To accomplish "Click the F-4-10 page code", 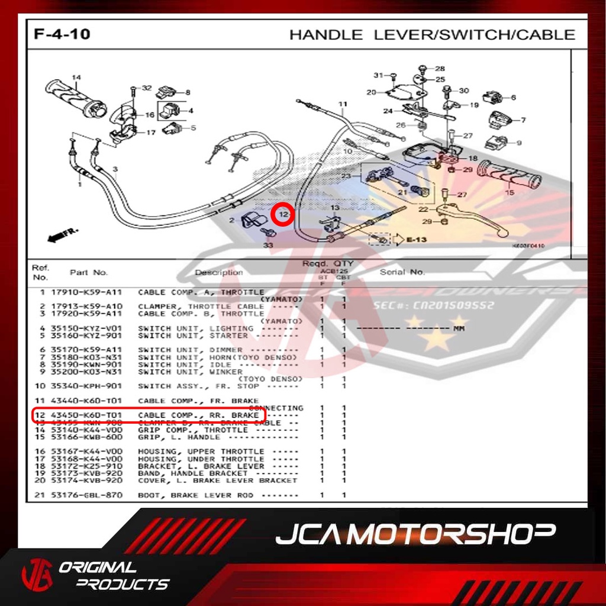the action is tap(62, 34).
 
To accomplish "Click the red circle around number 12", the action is tap(284, 214).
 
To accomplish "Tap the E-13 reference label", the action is tap(417, 240).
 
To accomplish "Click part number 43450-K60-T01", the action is tap(86, 415).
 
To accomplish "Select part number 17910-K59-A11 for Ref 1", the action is tap(86, 292).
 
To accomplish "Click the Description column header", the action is tap(219, 272).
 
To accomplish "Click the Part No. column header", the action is tap(89, 272).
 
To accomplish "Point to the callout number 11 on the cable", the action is tap(343, 105).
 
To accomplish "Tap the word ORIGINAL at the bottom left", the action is tap(98, 568).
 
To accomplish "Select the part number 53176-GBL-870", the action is tap(86, 495).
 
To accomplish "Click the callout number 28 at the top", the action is tap(440, 69).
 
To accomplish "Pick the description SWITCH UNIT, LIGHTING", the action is tap(195, 328).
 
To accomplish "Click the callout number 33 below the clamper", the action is tap(268, 244).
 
